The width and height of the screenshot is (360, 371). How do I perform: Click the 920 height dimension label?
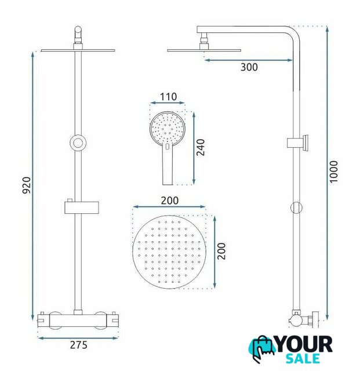pyautogui.click(x=27, y=185)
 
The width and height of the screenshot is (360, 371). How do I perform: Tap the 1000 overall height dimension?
pyautogui.click(x=334, y=172)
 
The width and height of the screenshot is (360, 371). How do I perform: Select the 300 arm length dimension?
pyautogui.click(x=249, y=67)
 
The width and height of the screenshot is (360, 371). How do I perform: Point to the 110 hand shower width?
pyautogui.click(x=168, y=97)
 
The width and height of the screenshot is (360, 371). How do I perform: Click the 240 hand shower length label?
pyautogui.click(x=201, y=147)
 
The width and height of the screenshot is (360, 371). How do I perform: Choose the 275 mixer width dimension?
pyautogui.click(x=79, y=345)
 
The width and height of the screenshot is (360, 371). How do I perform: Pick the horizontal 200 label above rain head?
pyautogui.click(x=170, y=201)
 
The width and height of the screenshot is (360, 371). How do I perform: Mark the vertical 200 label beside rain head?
pyautogui.click(x=221, y=251)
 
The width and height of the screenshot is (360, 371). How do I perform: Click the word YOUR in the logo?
pyautogui.click(x=304, y=344)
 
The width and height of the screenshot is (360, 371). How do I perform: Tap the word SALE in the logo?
pyautogui.click(x=303, y=359)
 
